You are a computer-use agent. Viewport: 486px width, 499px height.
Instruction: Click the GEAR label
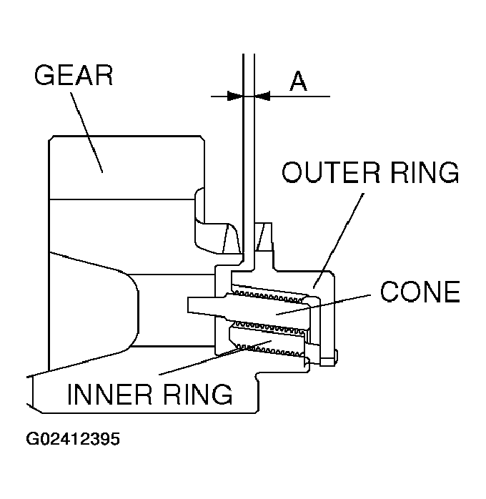[74, 75]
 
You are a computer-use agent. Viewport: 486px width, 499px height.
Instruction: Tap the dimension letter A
[298, 81]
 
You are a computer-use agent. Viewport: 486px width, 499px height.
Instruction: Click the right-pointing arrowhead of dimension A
[234, 95]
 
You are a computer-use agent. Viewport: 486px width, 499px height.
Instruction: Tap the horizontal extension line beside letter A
[300, 95]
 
